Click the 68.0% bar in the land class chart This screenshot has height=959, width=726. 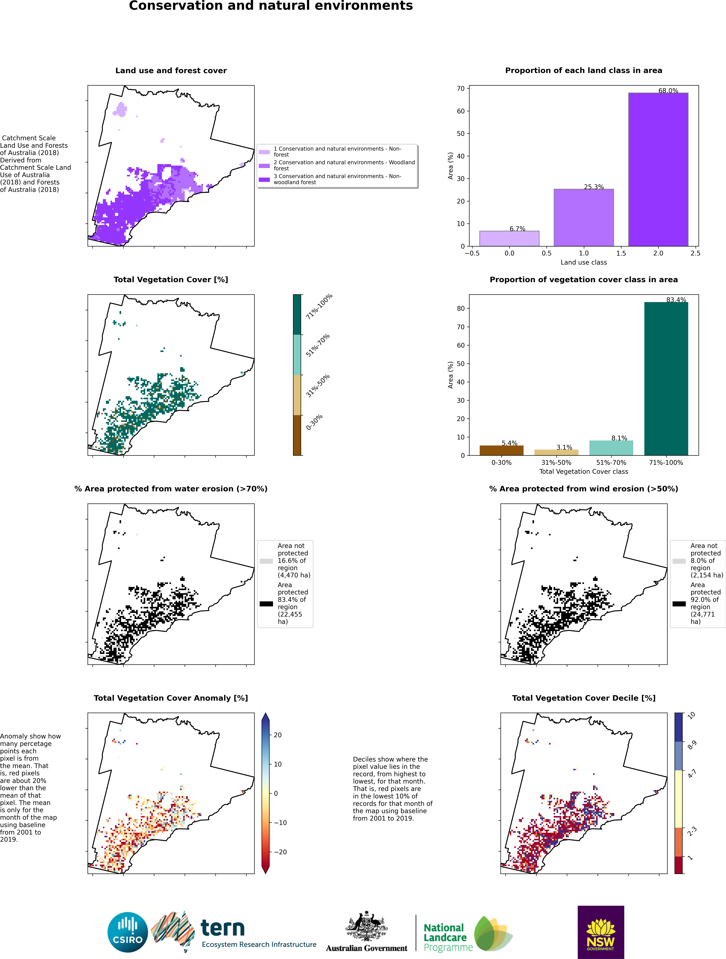(658, 170)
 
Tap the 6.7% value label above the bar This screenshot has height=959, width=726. (517, 228)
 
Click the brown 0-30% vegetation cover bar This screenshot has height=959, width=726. (502, 451)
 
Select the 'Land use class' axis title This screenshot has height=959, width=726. (583, 262)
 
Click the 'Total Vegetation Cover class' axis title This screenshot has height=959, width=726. (583, 471)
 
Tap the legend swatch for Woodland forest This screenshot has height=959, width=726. (264, 166)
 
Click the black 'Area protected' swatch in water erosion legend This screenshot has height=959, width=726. (266, 604)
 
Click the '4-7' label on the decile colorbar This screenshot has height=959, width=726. (692, 773)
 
